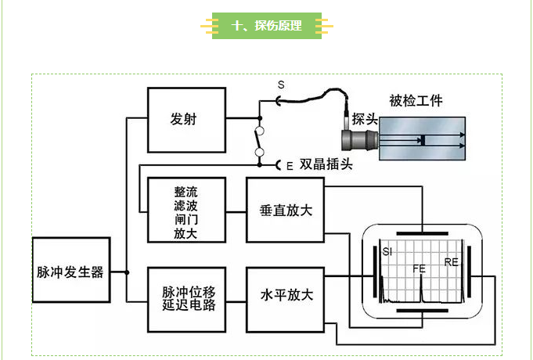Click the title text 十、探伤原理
click(266, 26)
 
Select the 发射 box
click(186, 120)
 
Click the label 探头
click(366, 119)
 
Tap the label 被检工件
click(416, 101)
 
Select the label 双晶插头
click(326, 165)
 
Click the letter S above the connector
click(282, 85)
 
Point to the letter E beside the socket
click(290, 166)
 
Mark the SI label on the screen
click(387, 251)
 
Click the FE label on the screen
click(420, 268)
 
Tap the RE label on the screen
click(451, 261)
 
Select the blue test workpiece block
click(423, 139)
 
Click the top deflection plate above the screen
click(422, 233)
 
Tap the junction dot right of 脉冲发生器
click(127, 273)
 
